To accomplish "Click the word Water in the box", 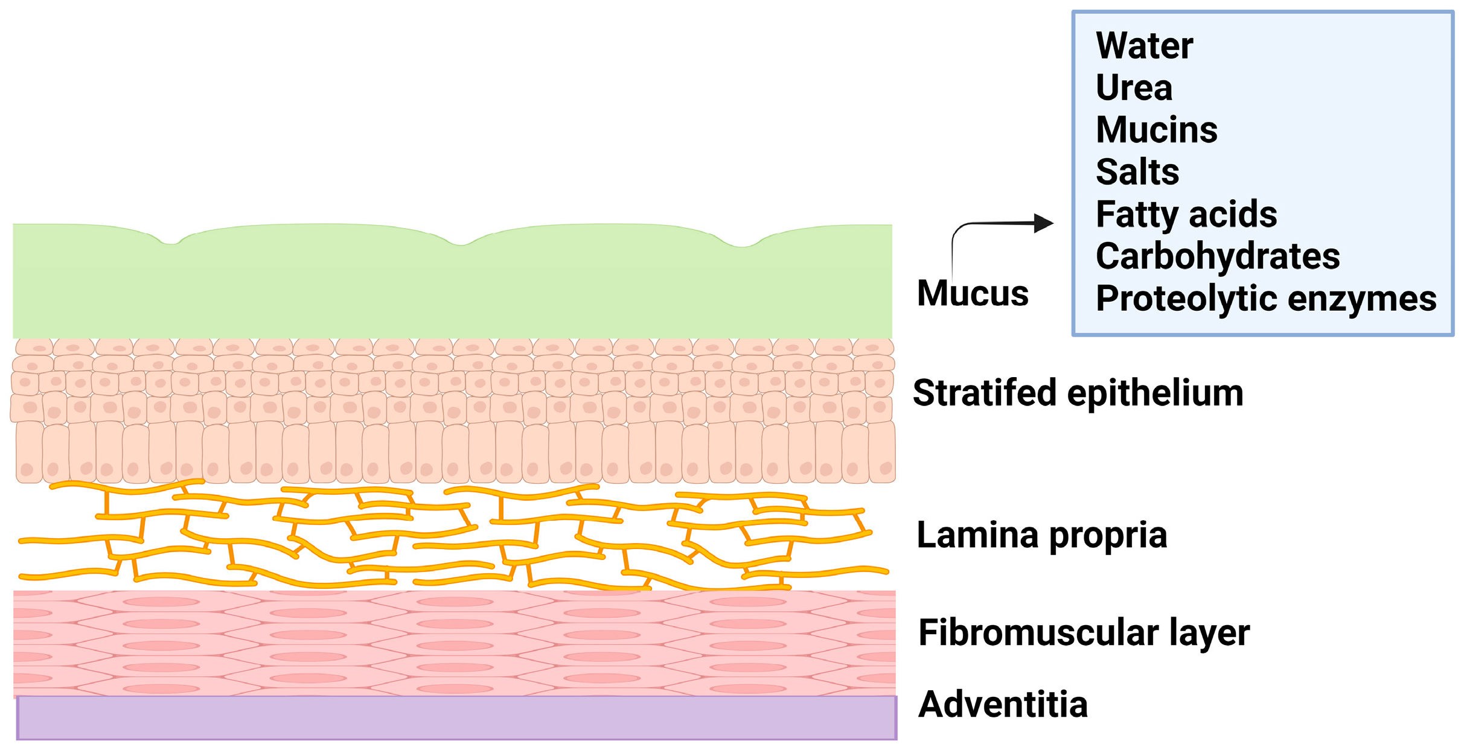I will tap(1144, 46).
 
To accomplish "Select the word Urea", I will tap(1134, 88).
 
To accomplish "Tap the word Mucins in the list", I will tap(1156, 130).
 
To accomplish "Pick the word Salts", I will tap(1137, 173).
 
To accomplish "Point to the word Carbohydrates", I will tap(1217, 257).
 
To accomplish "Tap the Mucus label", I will tap(972, 294).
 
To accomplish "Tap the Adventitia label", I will tap(1002, 705).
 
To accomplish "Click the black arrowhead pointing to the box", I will tap(1043, 223).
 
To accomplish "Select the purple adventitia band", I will tap(456, 718).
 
